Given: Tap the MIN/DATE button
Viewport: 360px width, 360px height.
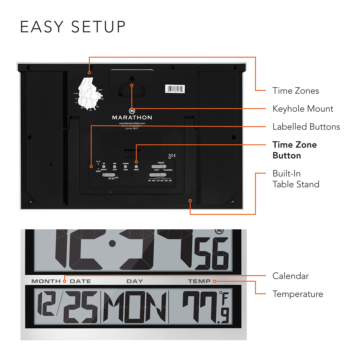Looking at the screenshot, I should (115, 166).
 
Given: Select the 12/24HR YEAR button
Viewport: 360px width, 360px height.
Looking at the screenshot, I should (125, 166).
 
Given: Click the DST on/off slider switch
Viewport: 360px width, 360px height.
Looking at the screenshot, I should (109, 175).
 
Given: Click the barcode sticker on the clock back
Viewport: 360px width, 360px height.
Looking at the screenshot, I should (175, 88).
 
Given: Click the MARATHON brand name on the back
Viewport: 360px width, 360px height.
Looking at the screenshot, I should (132, 117).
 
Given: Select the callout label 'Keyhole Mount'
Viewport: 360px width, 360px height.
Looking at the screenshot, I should (303, 109).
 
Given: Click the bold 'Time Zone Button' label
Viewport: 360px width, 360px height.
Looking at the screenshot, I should (295, 150).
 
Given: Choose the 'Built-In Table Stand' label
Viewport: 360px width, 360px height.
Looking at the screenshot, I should (296, 179).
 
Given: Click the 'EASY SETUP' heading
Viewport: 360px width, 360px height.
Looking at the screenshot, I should (73, 27).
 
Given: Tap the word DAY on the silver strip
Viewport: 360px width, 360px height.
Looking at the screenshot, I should (135, 281).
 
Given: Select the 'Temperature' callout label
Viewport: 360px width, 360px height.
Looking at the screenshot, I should (297, 294).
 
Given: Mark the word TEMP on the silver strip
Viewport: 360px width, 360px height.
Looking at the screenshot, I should (199, 281).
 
